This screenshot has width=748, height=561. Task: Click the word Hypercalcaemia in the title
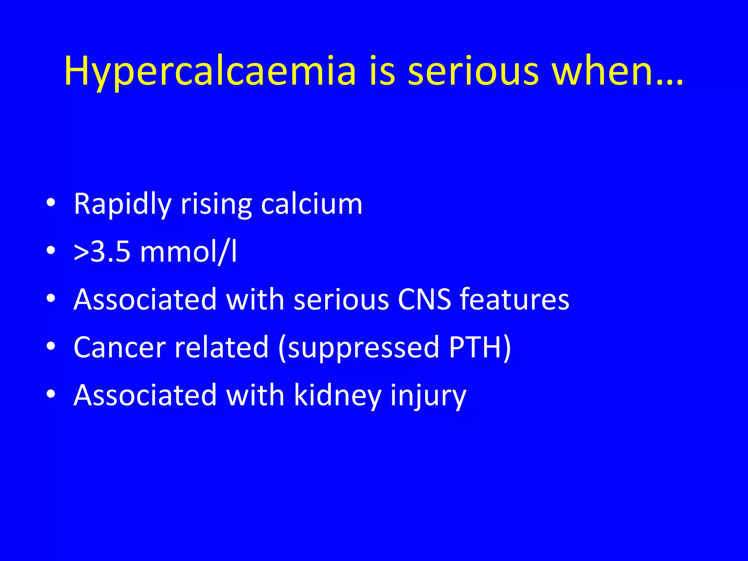point(210,71)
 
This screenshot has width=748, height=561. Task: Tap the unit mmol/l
point(188,252)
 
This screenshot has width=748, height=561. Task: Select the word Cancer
point(120,347)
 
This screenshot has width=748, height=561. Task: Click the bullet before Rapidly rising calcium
point(51,203)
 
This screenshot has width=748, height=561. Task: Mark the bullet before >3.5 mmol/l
point(51,251)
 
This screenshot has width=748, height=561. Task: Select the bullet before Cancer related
point(51,346)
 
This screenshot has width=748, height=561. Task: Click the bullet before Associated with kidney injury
point(51,394)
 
